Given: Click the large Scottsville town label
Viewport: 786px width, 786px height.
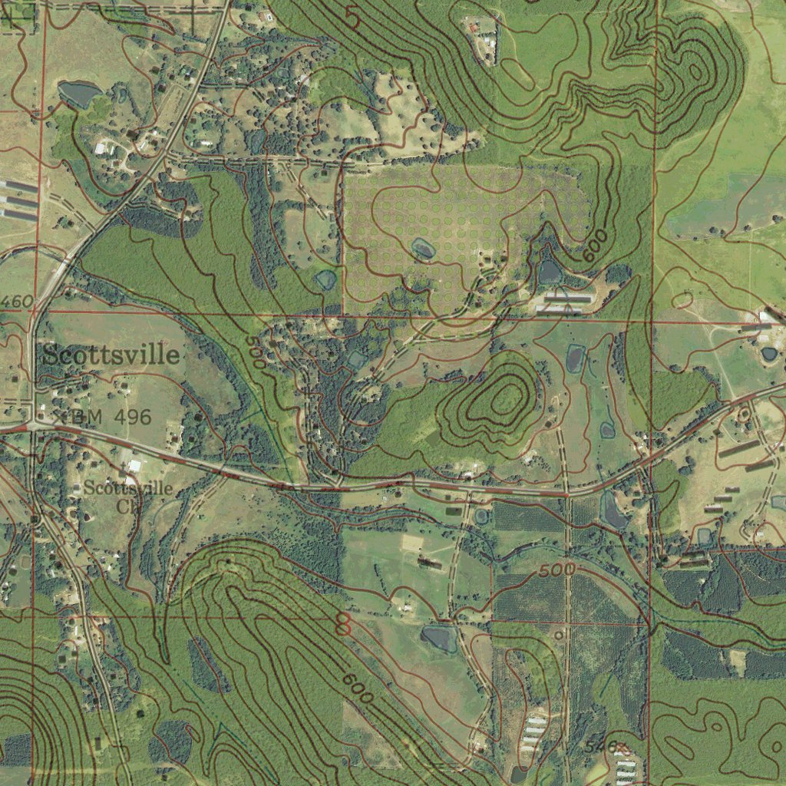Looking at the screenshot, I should (x=111, y=355).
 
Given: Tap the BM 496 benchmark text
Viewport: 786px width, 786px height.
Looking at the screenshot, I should (x=113, y=417).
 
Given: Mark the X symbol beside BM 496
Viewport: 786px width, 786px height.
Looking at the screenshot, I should (x=57, y=415).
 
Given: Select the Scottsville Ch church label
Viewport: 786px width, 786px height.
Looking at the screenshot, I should (x=127, y=496).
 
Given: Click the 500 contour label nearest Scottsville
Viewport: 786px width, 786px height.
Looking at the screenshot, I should (x=256, y=352).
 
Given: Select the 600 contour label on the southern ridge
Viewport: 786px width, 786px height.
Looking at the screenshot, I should (x=358, y=689).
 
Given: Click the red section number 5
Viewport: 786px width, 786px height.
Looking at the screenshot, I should (x=352, y=17).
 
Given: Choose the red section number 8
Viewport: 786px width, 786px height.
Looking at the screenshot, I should (x=343, y=625).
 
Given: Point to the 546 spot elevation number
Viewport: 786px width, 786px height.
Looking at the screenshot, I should (x=600, y=746).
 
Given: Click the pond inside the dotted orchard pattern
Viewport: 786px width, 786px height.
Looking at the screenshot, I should (x=423, y=248).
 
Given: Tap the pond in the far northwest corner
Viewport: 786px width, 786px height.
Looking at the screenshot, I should (x=79, y=94).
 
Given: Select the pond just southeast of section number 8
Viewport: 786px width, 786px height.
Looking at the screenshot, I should (x=438, y=638).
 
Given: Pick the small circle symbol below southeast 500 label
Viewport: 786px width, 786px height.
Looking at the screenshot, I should (x=559, y=636).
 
